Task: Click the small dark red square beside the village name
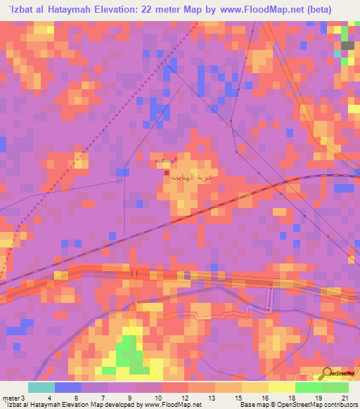click(x=166, y=174)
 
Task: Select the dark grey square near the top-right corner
click(x=347, y=46)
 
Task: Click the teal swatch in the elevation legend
click(x=41, y=387)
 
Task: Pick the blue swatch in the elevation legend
click(x=68, y=387)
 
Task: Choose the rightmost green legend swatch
click(x=335, y=387)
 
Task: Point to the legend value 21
click(x=345, y=398)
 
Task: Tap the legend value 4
click(x=49, y=398)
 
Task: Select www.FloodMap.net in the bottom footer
click(x=172, y=405)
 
